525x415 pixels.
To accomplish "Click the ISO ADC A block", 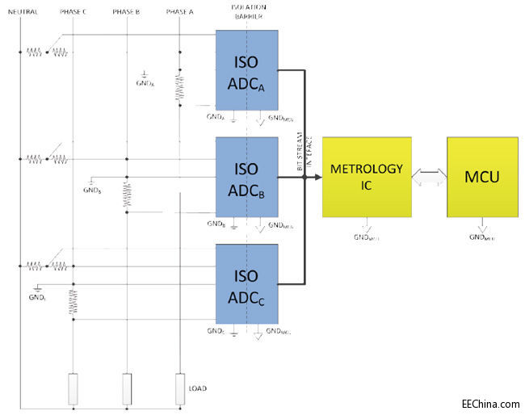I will (247, 70).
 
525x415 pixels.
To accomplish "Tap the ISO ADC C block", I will (247, 284).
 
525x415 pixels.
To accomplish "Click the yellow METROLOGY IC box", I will (367, 177).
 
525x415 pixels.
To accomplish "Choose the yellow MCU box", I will (482, 177).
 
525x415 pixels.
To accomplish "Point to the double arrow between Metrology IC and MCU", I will (430, 177).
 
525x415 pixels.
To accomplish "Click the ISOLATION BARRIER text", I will (247, 10).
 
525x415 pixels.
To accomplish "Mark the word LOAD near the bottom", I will (198, 388).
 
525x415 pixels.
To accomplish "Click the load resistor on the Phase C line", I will (73, 388).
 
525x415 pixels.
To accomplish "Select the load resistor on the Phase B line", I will (127, 388).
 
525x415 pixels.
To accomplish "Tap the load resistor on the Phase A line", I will (180, 388).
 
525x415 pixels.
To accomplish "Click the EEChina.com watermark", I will (490, 403).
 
